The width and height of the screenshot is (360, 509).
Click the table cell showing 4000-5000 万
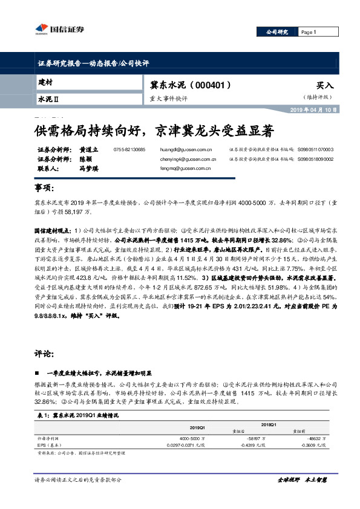point(192,437)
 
